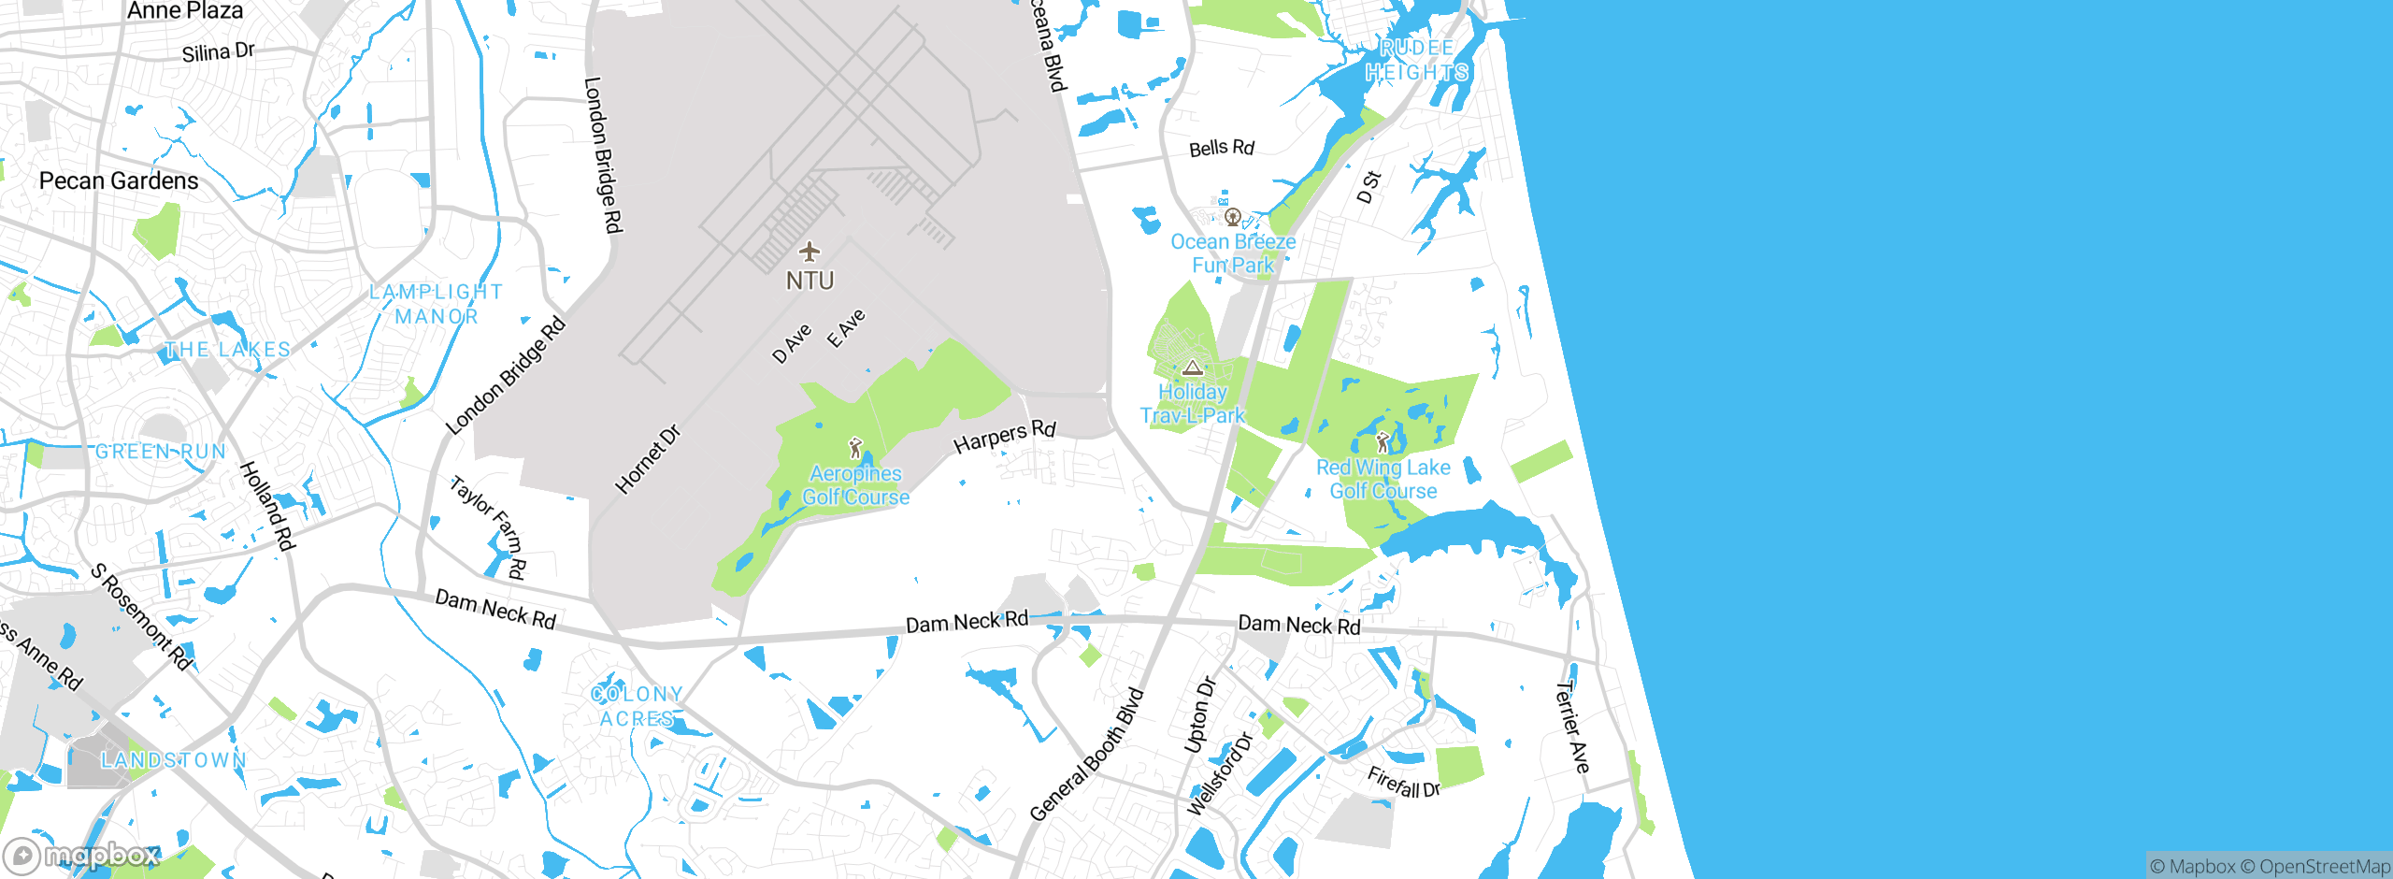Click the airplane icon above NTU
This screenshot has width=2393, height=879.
pos(810,252)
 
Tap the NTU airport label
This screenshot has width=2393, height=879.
pos(810,281)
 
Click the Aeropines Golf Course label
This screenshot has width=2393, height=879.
pos(855,485)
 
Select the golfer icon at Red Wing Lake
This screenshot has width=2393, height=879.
pos(1383,442)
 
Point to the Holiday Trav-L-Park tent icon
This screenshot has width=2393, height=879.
pos(1192,367)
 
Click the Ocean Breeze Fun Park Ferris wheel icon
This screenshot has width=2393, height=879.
pos(1233,218)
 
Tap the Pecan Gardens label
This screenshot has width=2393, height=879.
pos(119,180)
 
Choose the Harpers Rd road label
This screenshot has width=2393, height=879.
pos(1005,436)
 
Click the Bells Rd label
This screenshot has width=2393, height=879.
pos(1221,148)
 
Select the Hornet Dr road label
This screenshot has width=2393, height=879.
pos(647,459)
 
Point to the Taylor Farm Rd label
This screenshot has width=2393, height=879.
pos(488,527)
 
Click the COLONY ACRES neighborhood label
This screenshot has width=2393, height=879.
pos(637,706)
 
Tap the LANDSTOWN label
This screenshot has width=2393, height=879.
pos(174,759)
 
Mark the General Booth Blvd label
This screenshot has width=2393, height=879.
pos(1086,756)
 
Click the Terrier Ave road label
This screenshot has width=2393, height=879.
pos(1571,727)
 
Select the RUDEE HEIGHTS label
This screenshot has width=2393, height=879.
pos(1416,60)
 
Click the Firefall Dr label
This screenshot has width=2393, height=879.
pos(1403,782)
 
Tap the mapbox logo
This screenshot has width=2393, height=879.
pos(82,855)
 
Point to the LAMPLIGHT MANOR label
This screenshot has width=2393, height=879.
pos(437,304)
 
